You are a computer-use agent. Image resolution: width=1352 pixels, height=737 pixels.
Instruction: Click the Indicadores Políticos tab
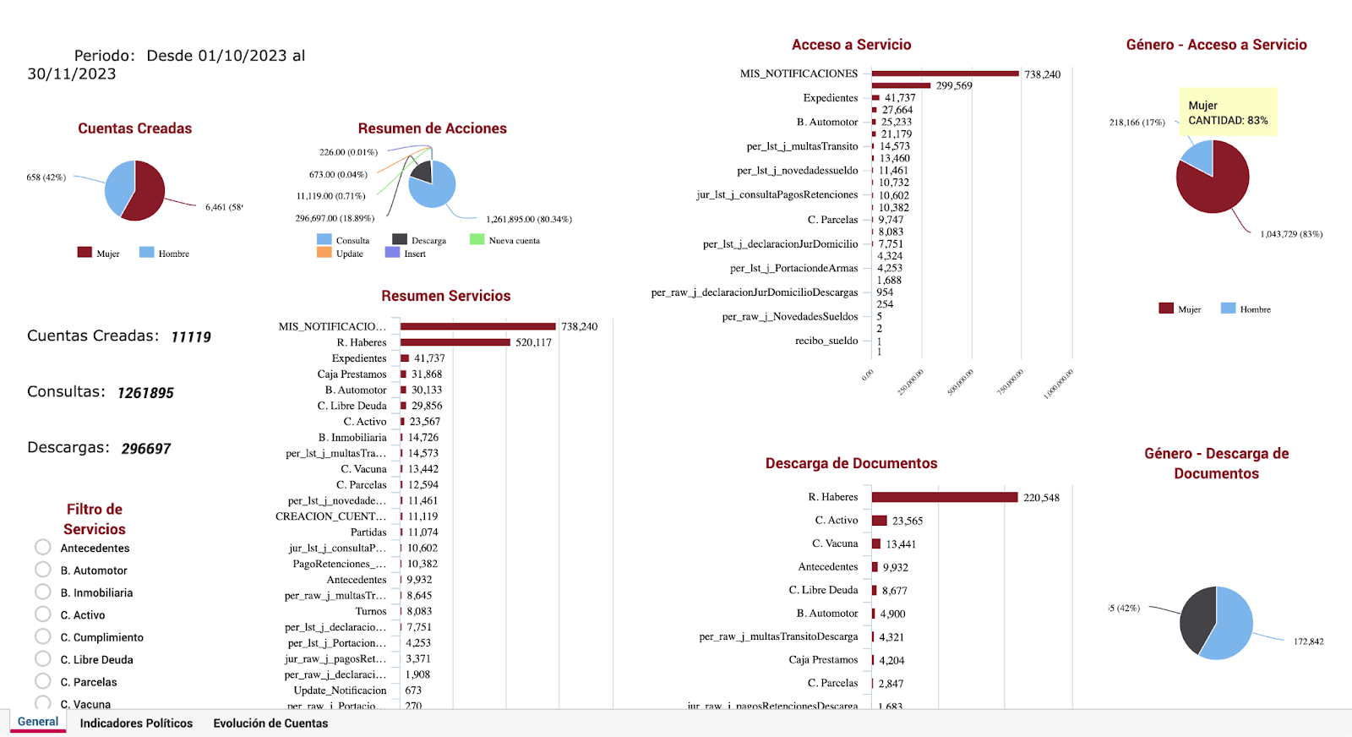click(136, 723)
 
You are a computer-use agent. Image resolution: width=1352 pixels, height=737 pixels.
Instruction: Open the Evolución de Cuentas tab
click(270, 723)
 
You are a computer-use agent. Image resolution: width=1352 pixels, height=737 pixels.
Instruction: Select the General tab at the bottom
click(38, 722)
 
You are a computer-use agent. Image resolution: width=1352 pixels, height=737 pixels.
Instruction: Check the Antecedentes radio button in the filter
click(43, 547)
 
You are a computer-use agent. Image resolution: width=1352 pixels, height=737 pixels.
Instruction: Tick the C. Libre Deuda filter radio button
click(43, 658)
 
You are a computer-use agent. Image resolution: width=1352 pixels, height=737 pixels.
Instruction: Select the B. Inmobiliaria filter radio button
click(43, 592)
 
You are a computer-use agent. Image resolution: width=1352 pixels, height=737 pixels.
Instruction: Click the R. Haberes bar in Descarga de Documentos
click(944, 497)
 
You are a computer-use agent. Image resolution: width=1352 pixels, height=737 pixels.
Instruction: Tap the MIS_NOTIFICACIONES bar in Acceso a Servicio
click(945, 74)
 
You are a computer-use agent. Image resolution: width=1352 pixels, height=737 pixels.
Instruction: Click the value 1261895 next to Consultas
click(145, 393)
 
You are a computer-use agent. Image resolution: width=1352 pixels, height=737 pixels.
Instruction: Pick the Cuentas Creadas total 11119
click(191, 337)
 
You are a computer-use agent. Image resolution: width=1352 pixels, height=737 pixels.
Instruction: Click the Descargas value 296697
click(146, 449)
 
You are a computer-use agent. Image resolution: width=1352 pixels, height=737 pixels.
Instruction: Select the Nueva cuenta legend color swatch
click(477, 240)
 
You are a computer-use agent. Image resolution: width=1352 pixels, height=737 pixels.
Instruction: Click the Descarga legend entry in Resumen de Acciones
click(419, 240)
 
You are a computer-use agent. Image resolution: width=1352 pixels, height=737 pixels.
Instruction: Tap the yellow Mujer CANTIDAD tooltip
click(1228, 112)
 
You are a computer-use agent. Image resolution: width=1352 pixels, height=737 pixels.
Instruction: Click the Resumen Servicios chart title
click(445, 296)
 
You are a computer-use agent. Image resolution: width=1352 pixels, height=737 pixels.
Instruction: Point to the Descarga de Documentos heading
click(851, 463)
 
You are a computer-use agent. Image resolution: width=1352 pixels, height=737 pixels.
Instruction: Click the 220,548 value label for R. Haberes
click(1041, 498)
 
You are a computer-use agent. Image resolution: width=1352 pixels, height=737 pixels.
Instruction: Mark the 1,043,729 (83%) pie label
click(1291, 234)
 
